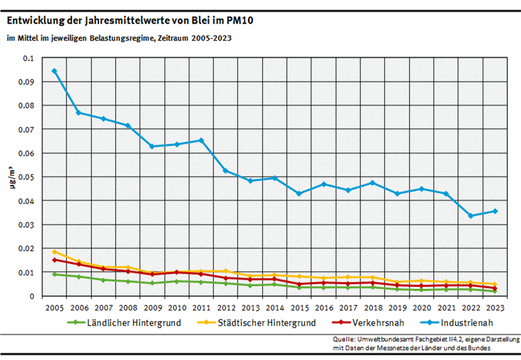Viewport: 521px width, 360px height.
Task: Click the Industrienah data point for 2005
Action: click(54, 71)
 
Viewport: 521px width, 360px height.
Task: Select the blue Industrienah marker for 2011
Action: click(201, 140)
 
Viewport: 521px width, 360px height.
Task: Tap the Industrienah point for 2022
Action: click(470, 216)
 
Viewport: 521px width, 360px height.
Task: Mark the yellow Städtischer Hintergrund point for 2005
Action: click(54, 252)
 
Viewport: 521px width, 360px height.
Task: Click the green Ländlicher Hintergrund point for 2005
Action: click(54, 274)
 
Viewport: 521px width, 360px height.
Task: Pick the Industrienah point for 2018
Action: click(373, 183)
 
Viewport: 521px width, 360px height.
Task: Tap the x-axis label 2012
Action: click(225, 307)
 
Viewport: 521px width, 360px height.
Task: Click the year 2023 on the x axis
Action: click(495, 307)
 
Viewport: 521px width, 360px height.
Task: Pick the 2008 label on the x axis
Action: click(127, 307)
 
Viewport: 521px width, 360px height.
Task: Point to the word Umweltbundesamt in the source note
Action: click(390, 338)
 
